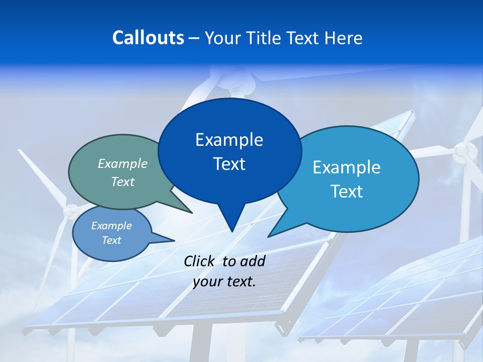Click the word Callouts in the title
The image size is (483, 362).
click(x=148, y=38)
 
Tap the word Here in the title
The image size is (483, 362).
click(x=342, y=38)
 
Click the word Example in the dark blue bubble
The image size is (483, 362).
click(x=229, y=140)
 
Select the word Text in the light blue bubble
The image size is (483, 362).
click(x=347, y=191)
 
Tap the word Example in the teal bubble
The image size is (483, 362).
click(x=123, y=163)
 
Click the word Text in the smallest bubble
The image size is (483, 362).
click(x=112, y=240)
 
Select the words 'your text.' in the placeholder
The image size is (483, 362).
click(x=224, y=282)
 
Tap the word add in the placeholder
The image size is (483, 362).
click(x=253, y=261)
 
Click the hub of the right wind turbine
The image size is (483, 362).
click(x=461, y=151)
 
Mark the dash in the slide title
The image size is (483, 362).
click(x=195, y=38)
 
